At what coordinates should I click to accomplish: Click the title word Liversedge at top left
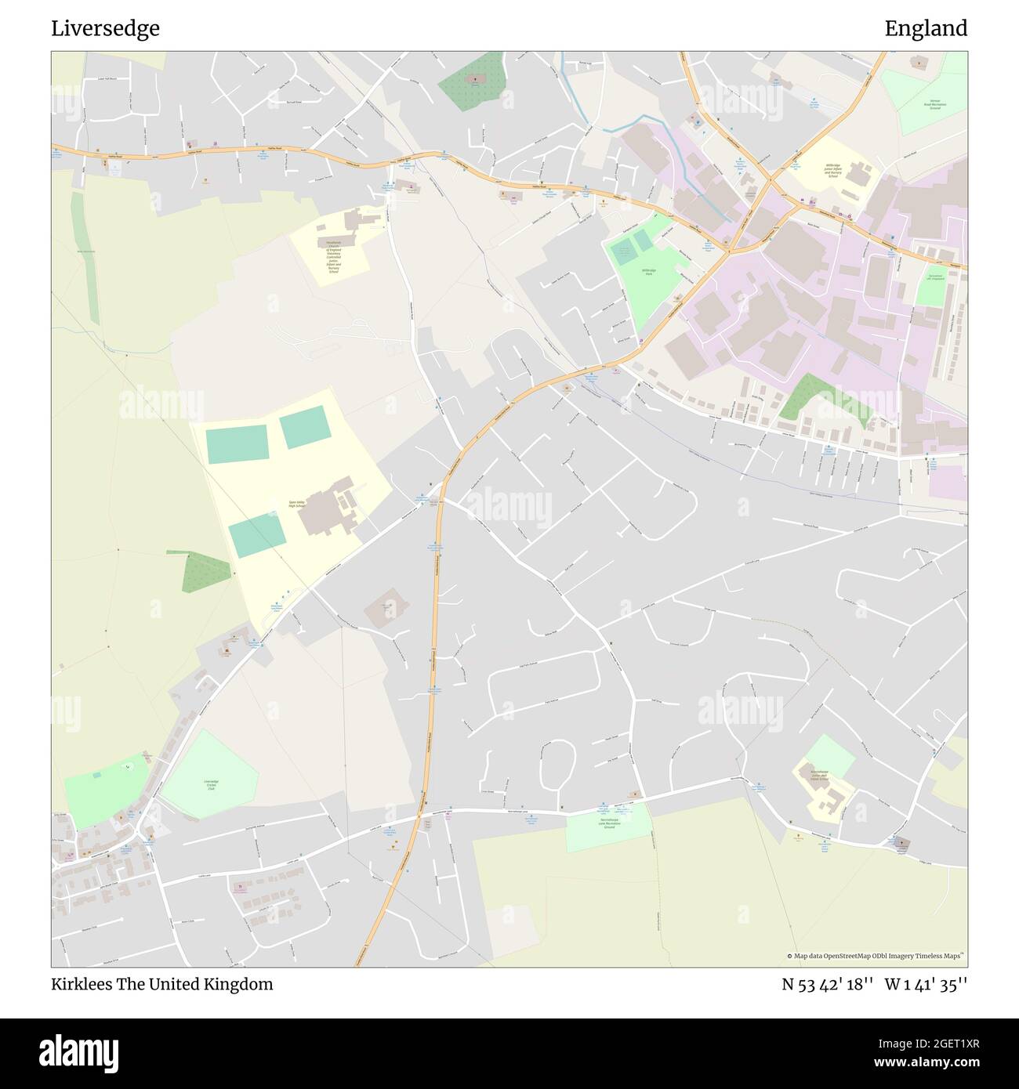pyautogui.click(x=105, y=28)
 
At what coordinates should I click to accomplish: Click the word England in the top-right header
pyautogui.click(x=926, y=28)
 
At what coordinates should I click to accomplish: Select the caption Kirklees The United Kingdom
pyautogui.click(x=162, y=984)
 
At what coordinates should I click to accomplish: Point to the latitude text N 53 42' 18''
pyautogui.click(x=827, y=984)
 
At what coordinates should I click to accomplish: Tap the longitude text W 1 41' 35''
pyautogui.click(x=926, y=984)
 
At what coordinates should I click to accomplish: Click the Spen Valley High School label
pyautogui.click(x=296, y=503)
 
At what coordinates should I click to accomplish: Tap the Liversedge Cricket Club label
pyautogui.click(x=211, y=785)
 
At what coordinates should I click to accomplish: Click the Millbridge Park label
pyautogui.click(x=649, y=272)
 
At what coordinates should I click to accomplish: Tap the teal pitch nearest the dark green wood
pyautogui.click(x=256, y=535)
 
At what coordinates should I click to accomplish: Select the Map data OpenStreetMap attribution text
pyautogui.click(x=875, y=956)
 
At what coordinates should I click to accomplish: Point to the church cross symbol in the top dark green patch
pyautogui.click(x=474, y=78)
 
